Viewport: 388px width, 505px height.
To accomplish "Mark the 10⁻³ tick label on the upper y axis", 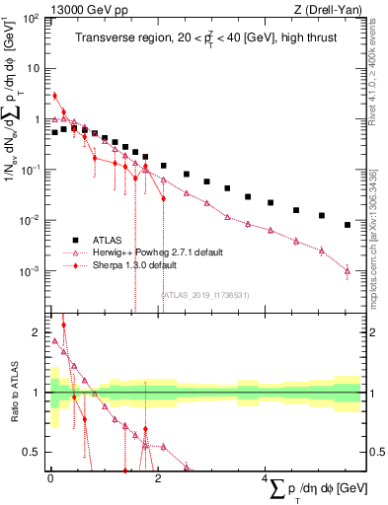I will [x=31, y=271].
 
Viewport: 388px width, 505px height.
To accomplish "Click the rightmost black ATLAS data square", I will [x=347, y=225].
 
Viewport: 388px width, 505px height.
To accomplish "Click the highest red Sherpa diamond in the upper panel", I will [x=54, y=96].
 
